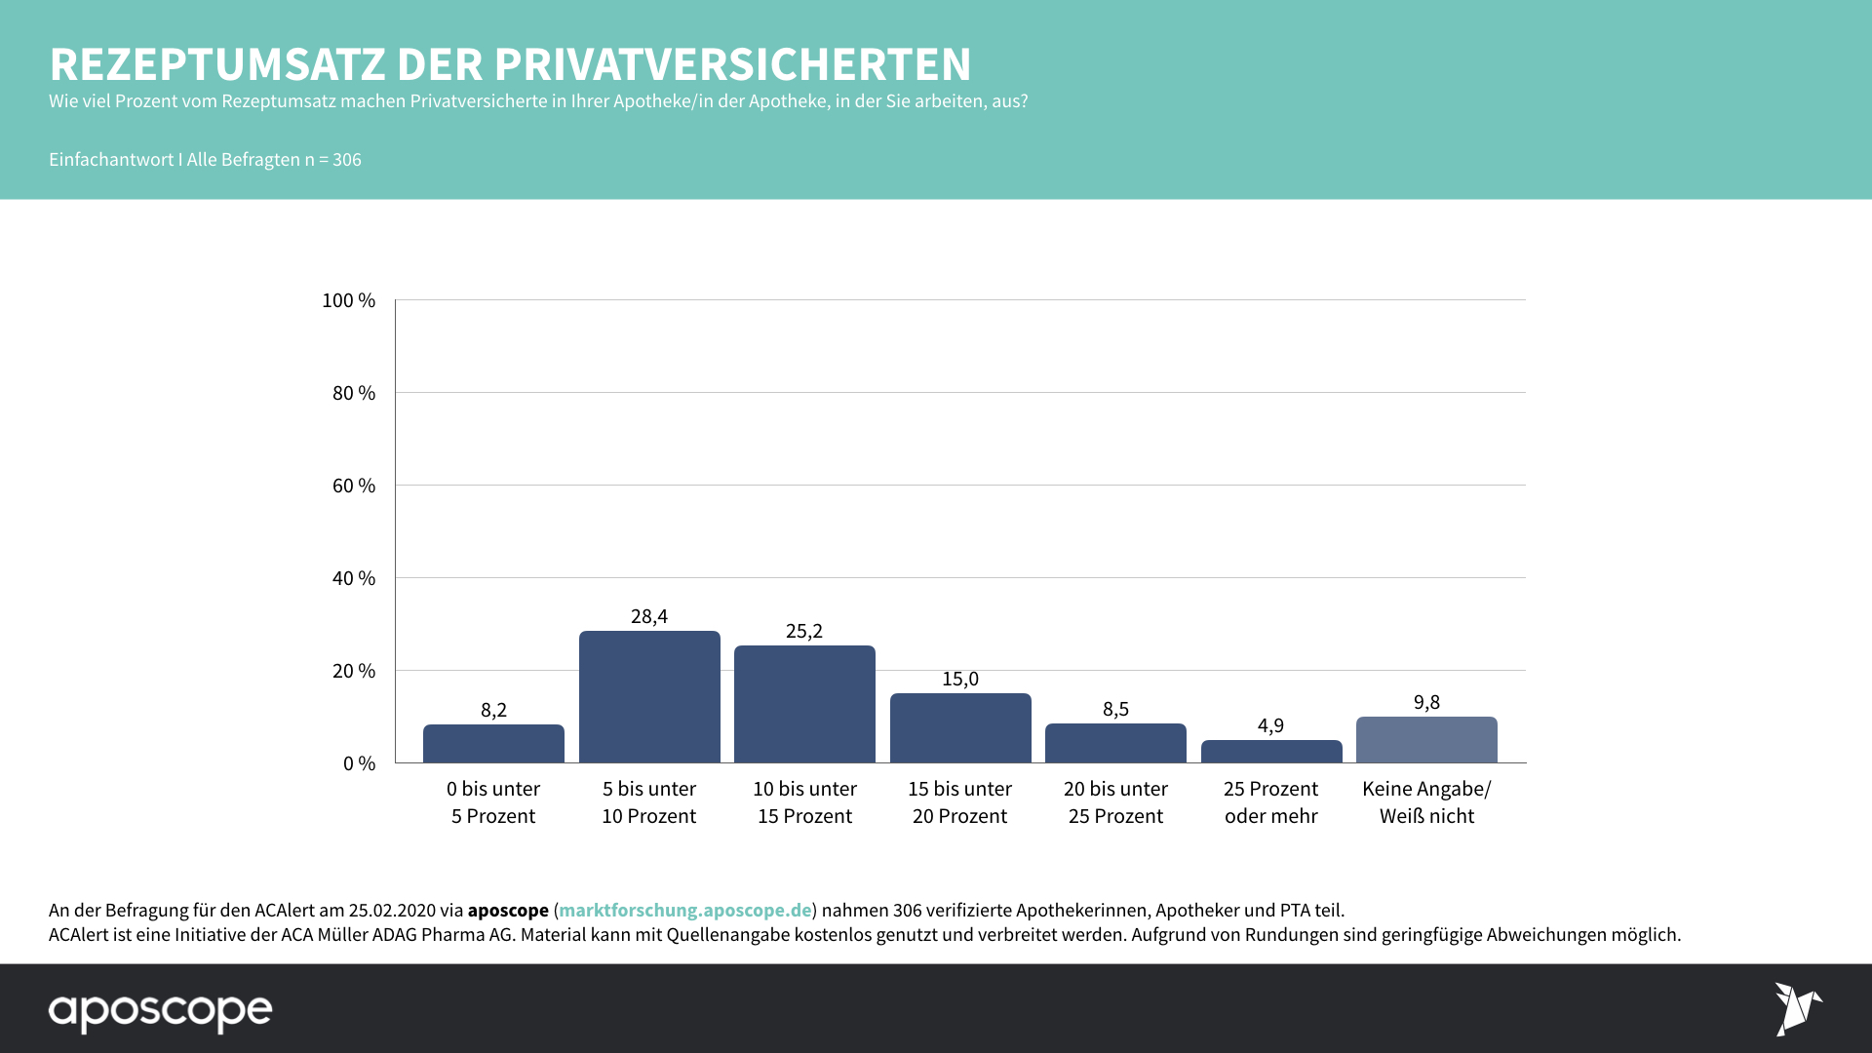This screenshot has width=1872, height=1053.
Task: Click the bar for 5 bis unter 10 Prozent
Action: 649,696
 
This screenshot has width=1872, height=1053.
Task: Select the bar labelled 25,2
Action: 804,704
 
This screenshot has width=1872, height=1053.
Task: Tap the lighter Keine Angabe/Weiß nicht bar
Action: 1426,739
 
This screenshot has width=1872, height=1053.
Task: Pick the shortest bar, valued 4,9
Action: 1271,751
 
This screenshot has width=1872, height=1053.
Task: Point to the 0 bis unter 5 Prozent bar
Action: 493,743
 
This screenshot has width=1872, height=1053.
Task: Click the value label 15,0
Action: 960,679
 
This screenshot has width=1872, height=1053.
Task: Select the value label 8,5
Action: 1115,709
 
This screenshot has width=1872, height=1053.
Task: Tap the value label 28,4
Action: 649,616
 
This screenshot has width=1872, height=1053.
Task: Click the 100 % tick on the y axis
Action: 348,300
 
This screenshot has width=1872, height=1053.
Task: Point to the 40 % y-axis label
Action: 353,578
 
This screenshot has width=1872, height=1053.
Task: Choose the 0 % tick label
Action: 359,763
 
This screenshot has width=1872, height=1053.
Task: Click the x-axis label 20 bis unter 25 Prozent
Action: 1115,801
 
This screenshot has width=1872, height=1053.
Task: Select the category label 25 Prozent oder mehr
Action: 1271,801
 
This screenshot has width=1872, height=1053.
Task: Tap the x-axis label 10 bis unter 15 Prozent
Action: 804,801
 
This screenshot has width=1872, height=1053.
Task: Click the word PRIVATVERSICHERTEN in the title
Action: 732,64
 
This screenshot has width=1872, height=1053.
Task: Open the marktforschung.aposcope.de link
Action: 684,910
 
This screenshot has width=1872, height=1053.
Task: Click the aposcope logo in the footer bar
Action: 161,1011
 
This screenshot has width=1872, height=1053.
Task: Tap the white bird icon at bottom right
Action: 1797,1008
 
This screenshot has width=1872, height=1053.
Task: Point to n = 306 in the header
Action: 332,160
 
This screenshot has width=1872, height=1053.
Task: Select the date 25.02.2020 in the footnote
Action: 392,910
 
